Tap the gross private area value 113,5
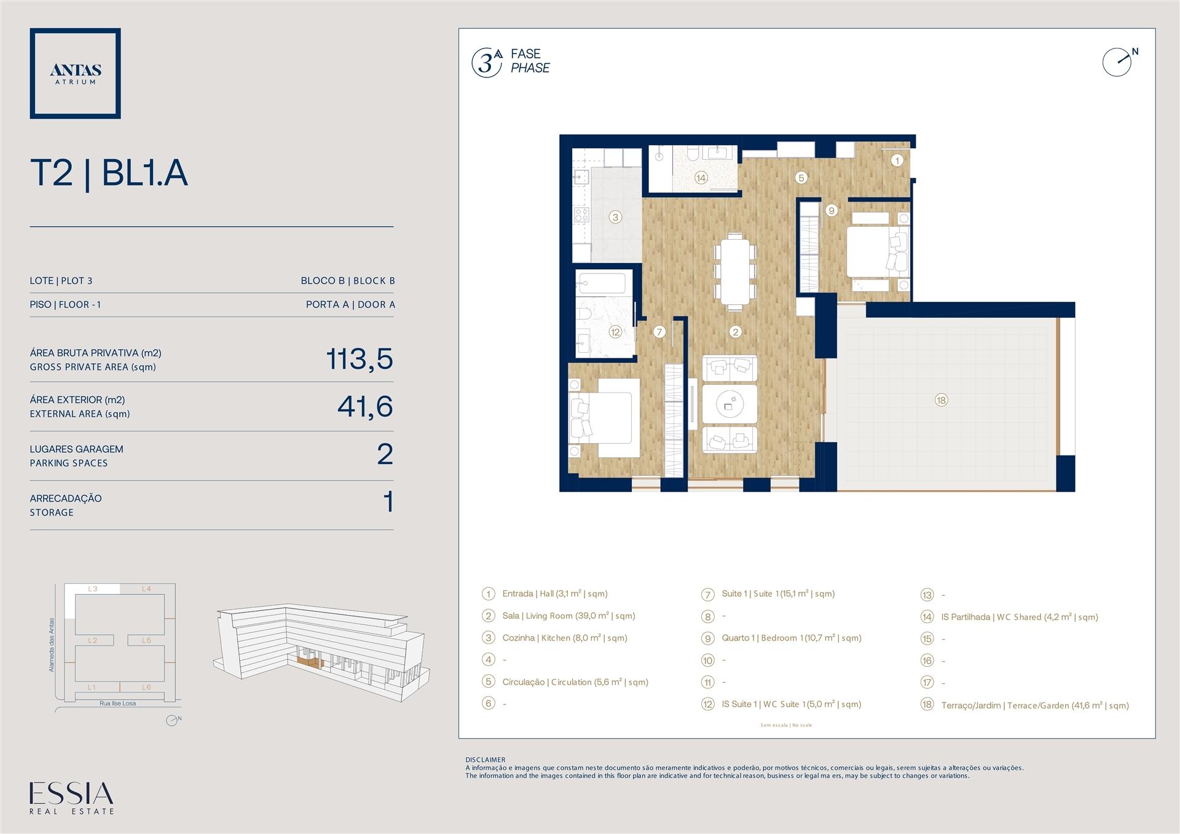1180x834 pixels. tap(360, 359)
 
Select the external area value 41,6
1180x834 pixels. tap(365, 406)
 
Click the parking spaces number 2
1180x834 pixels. tap(385, 454)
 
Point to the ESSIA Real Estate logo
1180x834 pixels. tap(72, 798)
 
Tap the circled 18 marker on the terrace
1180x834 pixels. tap(941, 400)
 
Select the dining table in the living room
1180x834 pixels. tap(734, 270)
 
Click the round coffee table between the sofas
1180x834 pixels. tap(730, 403)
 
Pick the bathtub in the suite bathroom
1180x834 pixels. tap(602, 284)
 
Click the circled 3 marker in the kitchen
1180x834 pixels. tap(615, 217)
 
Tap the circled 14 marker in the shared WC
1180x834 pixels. tap(701, 178)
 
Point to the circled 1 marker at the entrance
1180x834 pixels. tap(897, 160)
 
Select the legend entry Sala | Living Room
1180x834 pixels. tap(568, 616)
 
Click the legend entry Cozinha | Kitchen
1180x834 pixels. tap(565, 638)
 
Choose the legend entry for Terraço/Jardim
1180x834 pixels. tap(1035, 706)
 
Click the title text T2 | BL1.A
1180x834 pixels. tap(109, 173)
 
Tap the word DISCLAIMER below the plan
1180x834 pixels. tap(486, 760)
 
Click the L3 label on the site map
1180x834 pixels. tap(93, 589)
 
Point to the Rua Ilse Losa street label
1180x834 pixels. tap(118, 703)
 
